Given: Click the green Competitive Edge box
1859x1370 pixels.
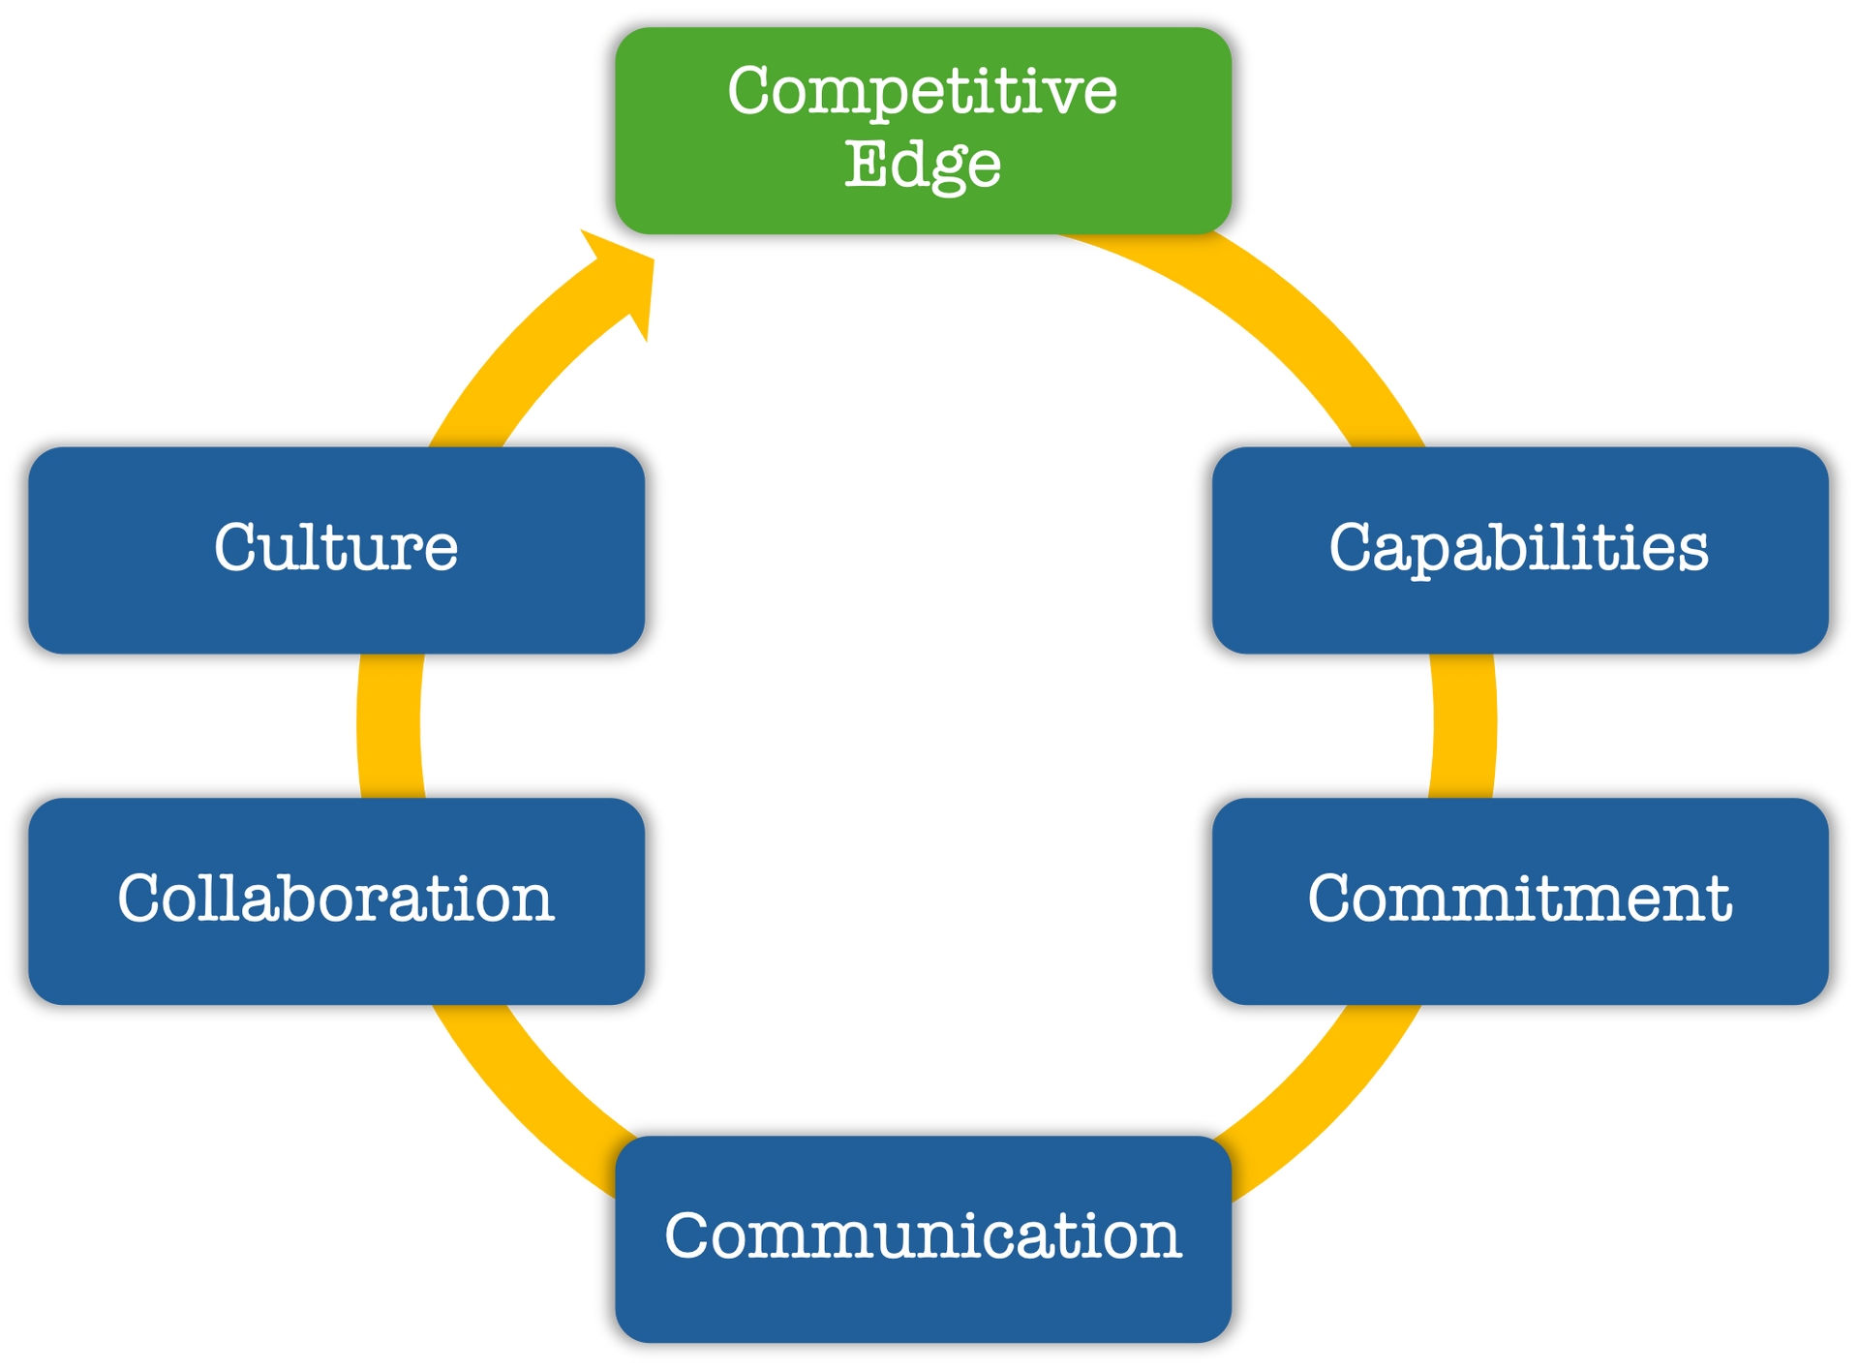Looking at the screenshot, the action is tap(923, 131).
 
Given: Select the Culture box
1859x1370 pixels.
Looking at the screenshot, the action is tap(336, 550).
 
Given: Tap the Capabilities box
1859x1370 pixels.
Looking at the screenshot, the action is tap(1520, 550).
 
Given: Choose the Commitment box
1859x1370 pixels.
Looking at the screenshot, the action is tap(1520, 900).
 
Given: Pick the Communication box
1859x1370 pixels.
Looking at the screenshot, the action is tap(923, 1238).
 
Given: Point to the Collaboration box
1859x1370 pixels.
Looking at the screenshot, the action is tap(336, 900).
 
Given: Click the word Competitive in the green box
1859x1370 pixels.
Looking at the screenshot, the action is tap(923, 93).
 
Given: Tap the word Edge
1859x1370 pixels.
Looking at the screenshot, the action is tap(923, 165).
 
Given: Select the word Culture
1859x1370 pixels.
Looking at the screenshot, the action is tap(336, 548).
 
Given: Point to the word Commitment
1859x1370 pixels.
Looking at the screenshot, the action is tap(1520, 898).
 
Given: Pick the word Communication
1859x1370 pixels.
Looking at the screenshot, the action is tap(923, 1236).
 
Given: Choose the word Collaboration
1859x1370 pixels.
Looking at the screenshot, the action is tap(336, 898).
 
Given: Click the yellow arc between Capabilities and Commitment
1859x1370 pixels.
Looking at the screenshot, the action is tap(1465, 726).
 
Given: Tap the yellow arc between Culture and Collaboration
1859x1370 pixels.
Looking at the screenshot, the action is tap(389, 726).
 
